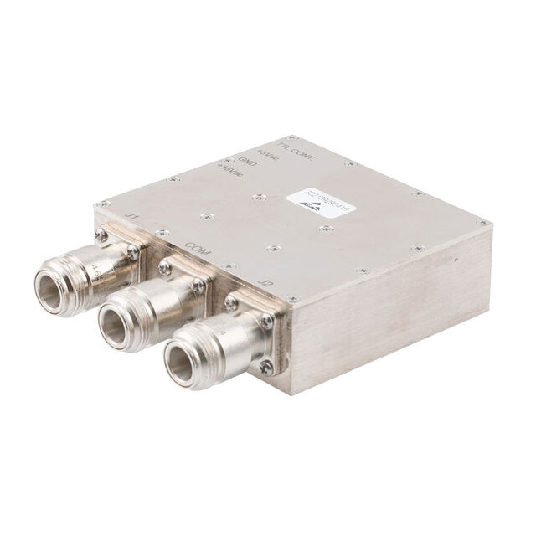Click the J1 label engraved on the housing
coord(131,216)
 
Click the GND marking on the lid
coord(246,163)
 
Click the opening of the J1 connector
coord(55,289)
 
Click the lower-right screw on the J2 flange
coord(265,366)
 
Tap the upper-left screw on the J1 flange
coord(101,236)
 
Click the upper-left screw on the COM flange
coord(165,268)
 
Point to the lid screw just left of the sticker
coord(260,198)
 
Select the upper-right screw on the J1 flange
coord(132,252)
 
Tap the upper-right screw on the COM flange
coord(198,286)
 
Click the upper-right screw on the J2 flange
coord(266,320)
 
